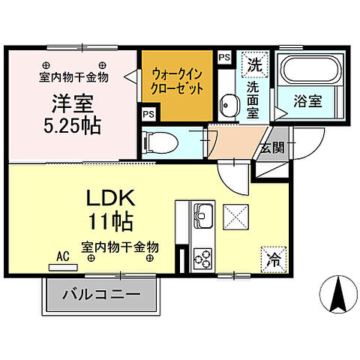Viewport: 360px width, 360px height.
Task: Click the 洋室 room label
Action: point(73,102)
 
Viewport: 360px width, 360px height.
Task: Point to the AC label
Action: point(62,254)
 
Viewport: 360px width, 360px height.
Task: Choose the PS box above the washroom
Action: point(223,55)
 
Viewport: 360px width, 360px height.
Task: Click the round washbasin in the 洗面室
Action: point(226,103)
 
